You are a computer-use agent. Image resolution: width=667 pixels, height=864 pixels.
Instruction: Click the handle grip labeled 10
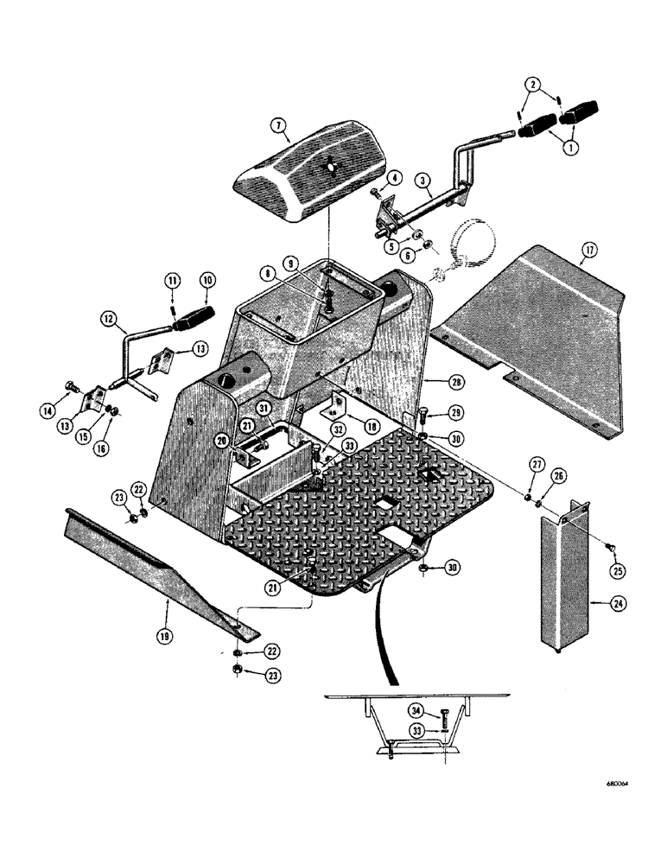click(195, 319)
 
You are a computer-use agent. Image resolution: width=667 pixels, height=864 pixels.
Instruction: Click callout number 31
click(264, 409)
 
